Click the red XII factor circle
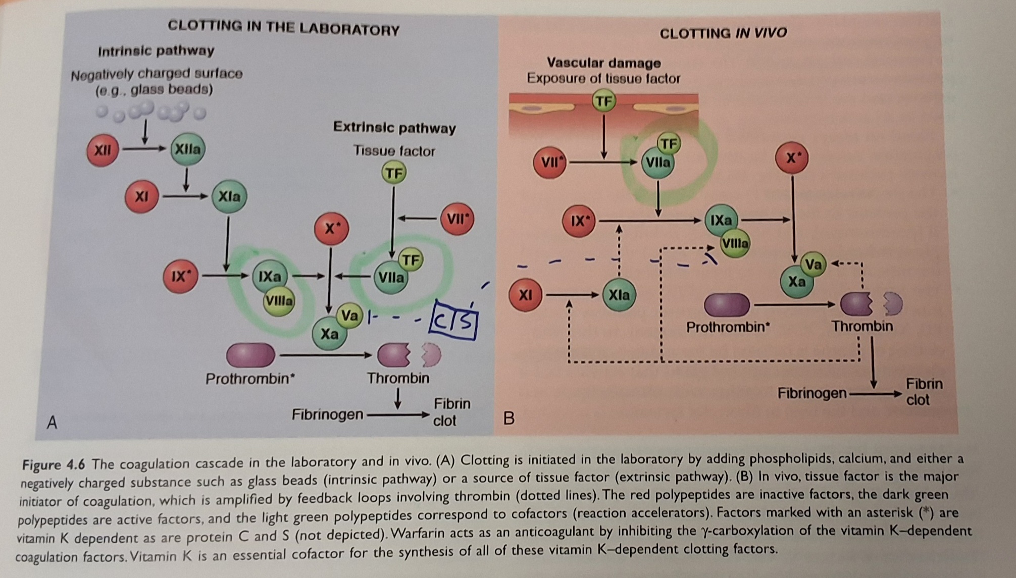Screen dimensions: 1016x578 103,150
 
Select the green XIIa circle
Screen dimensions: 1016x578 188,149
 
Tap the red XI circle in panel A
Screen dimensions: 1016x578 142,196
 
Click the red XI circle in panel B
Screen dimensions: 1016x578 526,294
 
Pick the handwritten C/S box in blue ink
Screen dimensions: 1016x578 453,321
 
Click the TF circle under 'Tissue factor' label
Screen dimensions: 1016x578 394,173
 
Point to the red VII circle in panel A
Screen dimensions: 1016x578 457,219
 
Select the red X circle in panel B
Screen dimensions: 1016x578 792,158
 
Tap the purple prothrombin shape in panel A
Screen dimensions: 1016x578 250,355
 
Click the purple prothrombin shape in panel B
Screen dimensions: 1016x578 727,305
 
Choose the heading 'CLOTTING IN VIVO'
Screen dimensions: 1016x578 723,33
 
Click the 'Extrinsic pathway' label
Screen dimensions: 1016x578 394,127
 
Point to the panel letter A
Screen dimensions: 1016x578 52,422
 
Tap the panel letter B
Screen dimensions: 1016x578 509,418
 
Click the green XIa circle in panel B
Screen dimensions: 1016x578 619,295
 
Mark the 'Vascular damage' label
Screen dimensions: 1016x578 604,63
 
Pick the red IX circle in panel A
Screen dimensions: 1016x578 180,276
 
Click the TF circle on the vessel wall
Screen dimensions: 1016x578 604,101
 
